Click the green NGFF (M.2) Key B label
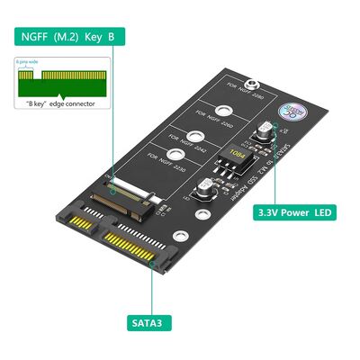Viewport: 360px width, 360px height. click(x=63, y=37)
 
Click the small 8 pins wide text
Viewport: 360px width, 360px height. click(x=27, y=61)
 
